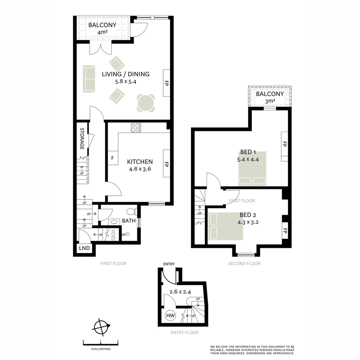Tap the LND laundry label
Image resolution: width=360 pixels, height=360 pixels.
(x=84, y=248)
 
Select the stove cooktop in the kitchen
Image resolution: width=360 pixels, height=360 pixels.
(x=136, y=128)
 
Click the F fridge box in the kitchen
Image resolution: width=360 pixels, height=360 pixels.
(x=112, y=158)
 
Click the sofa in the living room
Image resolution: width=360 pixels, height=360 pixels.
(x=89, y=79)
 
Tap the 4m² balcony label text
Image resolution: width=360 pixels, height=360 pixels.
(x=102, y=32)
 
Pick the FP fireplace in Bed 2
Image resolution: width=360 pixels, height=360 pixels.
(x=285, y=231)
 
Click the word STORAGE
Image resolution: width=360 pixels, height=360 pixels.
(x=82, y=138)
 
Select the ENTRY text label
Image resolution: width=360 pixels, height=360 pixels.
(x=169, y=264)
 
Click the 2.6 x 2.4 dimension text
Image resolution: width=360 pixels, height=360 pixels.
(x=180, y=292)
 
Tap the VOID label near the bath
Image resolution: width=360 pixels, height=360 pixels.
(x=113, y=234)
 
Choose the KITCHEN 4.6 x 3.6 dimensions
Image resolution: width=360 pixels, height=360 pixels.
(x=140, y=169)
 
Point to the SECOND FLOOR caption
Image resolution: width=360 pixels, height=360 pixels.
(x=244, y=263)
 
